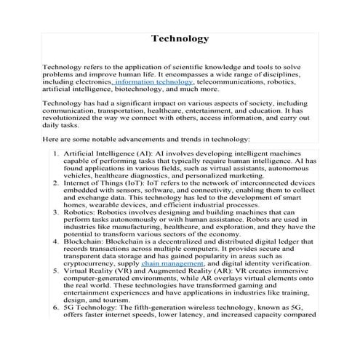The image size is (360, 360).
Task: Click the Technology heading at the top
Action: point(180,39)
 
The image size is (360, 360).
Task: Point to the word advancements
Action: point(130,138)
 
